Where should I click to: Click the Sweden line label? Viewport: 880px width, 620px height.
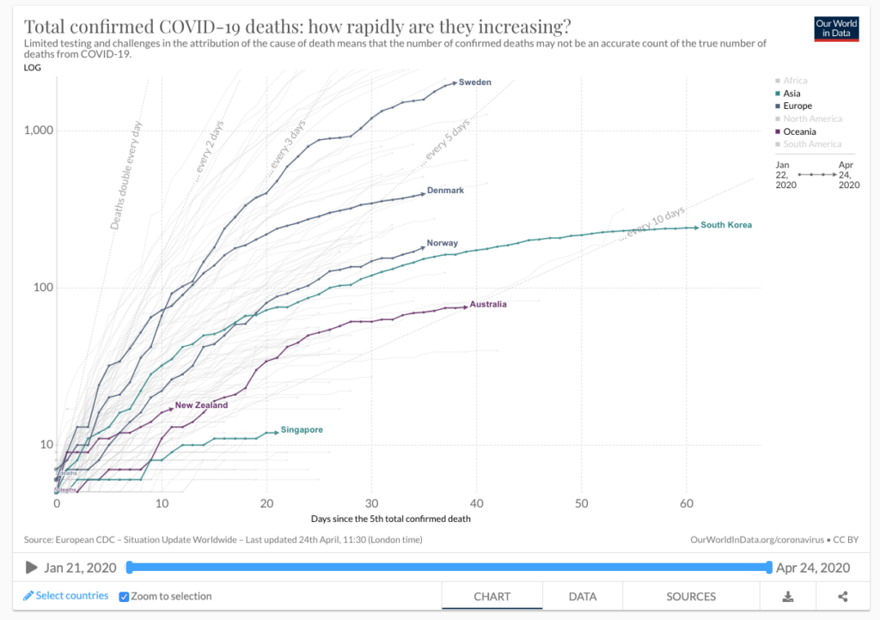474,82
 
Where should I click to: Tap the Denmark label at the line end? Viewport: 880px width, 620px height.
445,191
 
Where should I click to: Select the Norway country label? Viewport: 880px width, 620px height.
442,244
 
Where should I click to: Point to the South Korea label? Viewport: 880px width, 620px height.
726,225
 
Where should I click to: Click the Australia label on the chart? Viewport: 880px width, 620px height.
488,305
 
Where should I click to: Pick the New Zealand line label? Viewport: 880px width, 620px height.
201,405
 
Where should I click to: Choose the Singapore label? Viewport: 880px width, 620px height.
301,429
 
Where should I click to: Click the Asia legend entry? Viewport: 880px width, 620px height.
791,94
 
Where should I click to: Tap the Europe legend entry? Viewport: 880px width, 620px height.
797,106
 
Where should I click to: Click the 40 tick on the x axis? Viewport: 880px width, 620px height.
476,502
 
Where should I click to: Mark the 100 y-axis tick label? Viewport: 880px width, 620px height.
42,288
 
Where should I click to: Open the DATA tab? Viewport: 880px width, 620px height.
583,596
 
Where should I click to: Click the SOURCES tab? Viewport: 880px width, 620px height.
691,596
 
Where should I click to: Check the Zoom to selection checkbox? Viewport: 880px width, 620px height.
124,596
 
